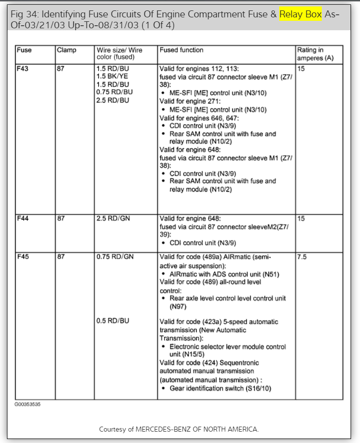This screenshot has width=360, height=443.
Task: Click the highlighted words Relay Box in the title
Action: pyautogui.click(x=301, y=14)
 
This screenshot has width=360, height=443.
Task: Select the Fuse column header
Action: pyautogui.click(x=24, y=50)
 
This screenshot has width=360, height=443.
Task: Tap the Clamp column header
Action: pyautogui.click(x=66, y=50)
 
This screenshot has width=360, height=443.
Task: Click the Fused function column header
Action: pyautogui.click(x=181, y=50)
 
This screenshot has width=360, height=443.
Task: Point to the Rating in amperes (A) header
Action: pyautogui.click(x=315, y=54)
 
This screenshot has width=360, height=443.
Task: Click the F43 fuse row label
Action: pyautogui.click(x=23, y=68)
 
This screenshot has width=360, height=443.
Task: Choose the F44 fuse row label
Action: pyautogui.click(x=23, y=219)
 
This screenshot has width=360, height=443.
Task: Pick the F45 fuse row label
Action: pyautogui.click(x=23, y=257)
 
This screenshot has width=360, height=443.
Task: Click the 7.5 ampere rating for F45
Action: pyautogui.click(x=302, y=257)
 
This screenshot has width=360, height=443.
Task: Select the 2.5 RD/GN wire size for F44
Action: pyautogui.click(x=113, y=219)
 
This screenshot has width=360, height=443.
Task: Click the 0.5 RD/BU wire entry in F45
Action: pyautogui.click(x=113, y=321)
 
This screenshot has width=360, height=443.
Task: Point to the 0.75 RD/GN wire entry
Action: pyautogui.click(x=115, y=257)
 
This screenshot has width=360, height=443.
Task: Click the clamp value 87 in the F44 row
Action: pyautogui.click(x=60, y=219)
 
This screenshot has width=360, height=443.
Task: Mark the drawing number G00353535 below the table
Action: pyautogui.click(x=27, y=404)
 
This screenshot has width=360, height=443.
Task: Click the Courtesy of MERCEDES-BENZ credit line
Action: pyautogui.click(x=179, y=429)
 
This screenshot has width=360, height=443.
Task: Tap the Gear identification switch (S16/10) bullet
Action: pyautogui.click(x=220, y=388)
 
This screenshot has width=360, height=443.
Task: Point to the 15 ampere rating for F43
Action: pyautogui.click(x=301, y=68)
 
